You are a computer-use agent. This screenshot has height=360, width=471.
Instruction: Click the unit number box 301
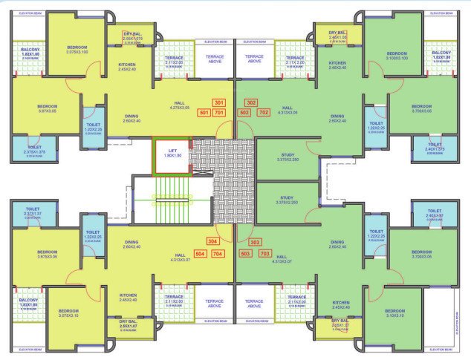click(218, 102)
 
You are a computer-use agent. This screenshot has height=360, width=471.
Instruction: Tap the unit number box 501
click(202, 113)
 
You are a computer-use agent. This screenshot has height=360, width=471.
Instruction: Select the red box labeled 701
click(218, 113)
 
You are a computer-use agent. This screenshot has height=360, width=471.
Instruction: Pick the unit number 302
click(251, 102)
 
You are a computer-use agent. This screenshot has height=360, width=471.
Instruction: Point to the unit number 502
click(244, 113)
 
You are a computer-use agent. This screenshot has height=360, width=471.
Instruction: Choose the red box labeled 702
click(263, 113)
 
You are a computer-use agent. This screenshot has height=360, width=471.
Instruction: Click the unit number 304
click(213, 242)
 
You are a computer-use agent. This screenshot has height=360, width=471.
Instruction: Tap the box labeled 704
click(218, 253)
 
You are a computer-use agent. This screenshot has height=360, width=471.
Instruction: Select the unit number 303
click(256, 242)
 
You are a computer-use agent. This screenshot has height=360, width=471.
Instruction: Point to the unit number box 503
click(245, 253)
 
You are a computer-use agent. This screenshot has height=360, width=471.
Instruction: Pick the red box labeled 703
click(263, 253)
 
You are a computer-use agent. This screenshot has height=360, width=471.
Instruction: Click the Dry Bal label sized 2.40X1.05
click(328, 37)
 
